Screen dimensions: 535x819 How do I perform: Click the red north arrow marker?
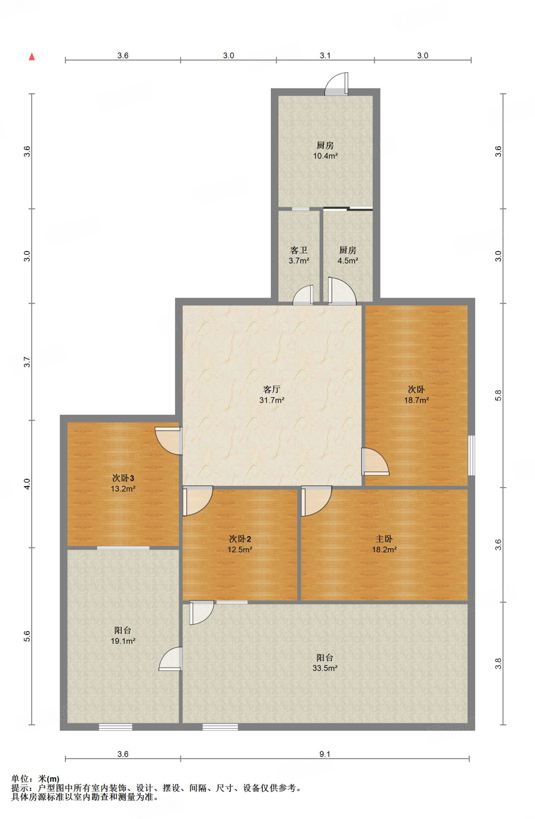pyautogui.click(x=32, y=56)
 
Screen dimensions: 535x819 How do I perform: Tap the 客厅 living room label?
pyautogui.click(x=272, y=389)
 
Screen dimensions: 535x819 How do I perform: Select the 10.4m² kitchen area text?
pyautogui.click(x=325, y=156)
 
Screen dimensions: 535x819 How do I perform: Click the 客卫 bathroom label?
pyautogui.click(x=299, y=250)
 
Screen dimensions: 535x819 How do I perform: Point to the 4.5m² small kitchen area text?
pyautogui.click(x=348, y=261)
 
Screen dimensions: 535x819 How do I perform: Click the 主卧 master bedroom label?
pyautogui.click(x=384, y=539)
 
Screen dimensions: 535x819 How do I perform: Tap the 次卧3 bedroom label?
pyautogui.click(x=123, y=478)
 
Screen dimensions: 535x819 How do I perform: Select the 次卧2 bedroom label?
pyautogui.click(x=240, y=539)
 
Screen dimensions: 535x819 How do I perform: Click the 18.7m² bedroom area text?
pyautogui.click(x=416, y=400)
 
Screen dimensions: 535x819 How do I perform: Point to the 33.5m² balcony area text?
pyautogui.click(x=325, y=668)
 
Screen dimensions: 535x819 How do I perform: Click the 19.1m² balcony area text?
pyautogui.click(x=123, y=641)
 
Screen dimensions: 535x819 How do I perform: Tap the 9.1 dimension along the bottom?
pyautogui.click(x=325, y=754)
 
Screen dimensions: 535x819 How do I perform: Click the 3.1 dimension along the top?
pyautogui.click(x=325, y=56)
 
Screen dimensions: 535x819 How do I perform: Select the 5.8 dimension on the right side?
pyautogui.click(x=498, y=395)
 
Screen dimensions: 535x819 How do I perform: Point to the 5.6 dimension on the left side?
pyautogui.click(x=27, y=636)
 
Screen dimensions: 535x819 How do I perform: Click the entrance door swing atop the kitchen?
pyautogui.click(x=336, y=84)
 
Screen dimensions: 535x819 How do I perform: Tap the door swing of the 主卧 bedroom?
pyautogui.click(x=316, y=501)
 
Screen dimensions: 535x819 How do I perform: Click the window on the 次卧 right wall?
pyautogui.click(x=471, y=455)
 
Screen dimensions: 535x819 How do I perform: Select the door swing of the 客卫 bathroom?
pyautogui.click(x=303, y=295)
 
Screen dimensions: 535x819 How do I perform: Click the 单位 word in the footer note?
pyautogui.click(x=20, y=779)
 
